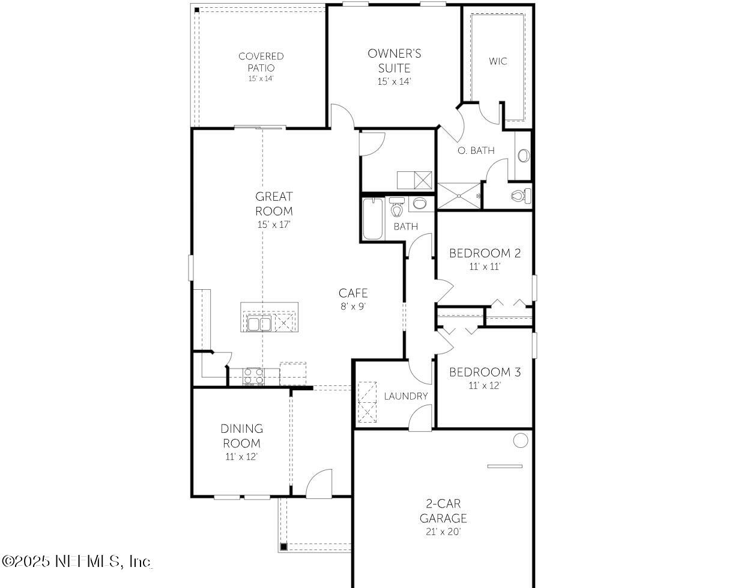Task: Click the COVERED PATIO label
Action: click(261, 62)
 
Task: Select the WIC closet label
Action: click(497, 61)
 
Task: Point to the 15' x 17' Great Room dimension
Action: click(274, 225)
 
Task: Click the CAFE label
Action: click(352, 293)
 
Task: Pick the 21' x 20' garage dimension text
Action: click(443, 531)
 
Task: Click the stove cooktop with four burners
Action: click(253, 376)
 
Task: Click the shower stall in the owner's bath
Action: click(459, 195)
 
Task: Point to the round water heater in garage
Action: click(520, 441)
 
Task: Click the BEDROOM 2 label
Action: click(485, 253)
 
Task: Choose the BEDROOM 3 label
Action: click(485, 372)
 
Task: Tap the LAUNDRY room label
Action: click(406, 396)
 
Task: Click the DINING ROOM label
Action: click(241, 436)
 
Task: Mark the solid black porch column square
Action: click(284, 547)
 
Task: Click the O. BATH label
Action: click(476, 151)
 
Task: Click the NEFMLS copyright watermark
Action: click(77, 562)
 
